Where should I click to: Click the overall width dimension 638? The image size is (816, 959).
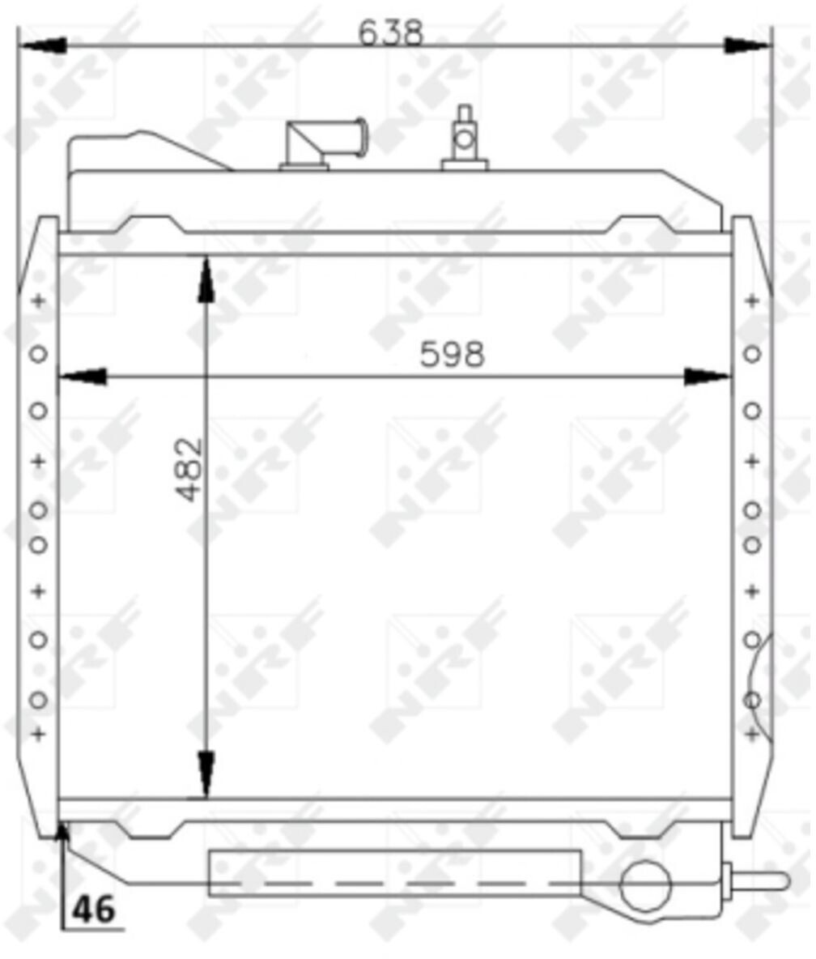[390, 32]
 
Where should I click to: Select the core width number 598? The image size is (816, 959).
[452, 354]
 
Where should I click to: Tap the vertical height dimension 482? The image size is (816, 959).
[188, 470]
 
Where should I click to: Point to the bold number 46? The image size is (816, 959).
[94, 911]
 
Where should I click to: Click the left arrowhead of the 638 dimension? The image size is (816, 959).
[40, 45]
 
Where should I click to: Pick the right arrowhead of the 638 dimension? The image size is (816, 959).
[748, 45]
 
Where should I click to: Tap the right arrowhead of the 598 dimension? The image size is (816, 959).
[708, 377]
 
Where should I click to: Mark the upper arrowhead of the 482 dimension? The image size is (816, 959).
[206, 279]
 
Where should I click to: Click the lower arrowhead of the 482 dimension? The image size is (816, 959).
[206, 776]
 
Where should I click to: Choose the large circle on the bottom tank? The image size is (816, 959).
[645, 885]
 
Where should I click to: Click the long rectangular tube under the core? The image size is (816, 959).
[394, 872]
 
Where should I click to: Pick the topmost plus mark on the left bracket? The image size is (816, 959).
[38, 302]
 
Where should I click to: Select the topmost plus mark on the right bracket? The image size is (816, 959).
[752, 301]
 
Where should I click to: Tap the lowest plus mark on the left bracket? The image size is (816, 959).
[38, 735]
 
